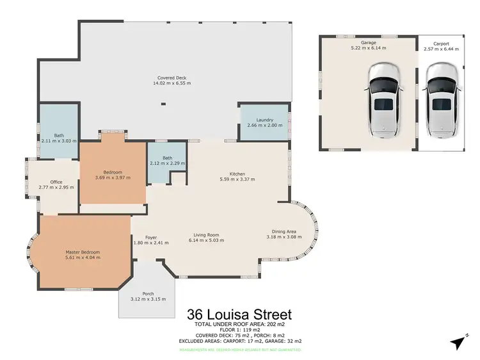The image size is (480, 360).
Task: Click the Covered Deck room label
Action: coord(172,78)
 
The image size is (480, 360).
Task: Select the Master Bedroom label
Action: coord(83,252)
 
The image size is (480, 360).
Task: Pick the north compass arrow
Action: coord(458,342)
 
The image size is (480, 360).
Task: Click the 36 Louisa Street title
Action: coord(239,315)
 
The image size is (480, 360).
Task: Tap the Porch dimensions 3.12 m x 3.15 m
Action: coord(148,299)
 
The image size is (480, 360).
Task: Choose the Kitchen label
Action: coord(237,174)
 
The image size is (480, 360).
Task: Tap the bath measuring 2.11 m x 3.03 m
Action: coord(58,140)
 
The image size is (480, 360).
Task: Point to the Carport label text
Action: coord(441,44)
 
